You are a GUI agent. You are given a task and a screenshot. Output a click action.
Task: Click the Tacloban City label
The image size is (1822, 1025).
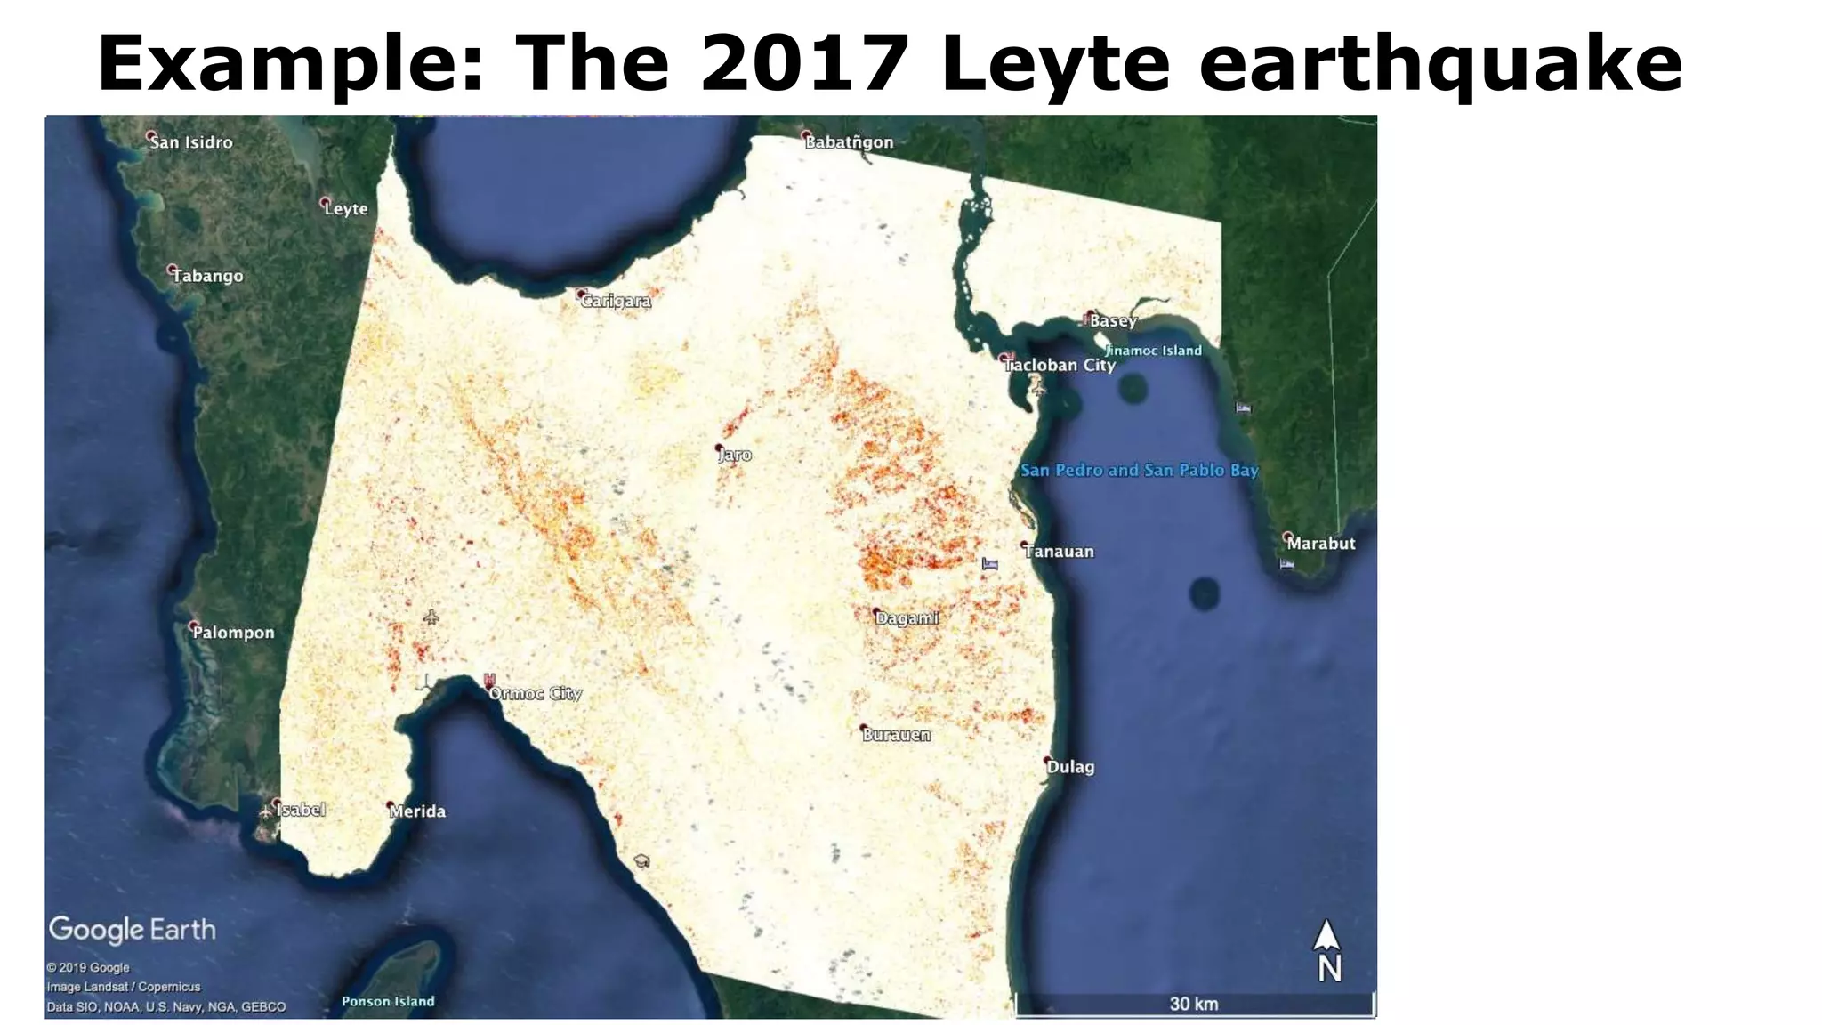tap(1060, 365)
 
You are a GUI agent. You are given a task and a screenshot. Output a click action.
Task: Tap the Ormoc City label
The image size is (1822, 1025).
tap(536, 693)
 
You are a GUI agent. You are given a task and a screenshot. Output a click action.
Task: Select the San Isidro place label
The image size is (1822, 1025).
tap(190, 142)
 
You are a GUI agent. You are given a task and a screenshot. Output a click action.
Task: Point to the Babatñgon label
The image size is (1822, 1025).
tap(849, 142)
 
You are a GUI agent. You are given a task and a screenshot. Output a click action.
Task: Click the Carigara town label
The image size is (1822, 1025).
tap(616, 301)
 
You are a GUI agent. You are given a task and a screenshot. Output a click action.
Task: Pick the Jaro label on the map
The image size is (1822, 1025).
tap(735, 455)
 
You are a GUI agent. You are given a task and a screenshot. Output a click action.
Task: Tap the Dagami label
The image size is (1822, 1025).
tap(907, 617)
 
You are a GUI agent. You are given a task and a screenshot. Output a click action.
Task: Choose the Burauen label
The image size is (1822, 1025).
tap(896, 735)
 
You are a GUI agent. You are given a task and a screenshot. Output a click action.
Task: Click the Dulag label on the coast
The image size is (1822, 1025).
tap(1070, 767)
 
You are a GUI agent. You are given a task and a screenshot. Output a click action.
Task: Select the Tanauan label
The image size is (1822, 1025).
tap(1059, 552)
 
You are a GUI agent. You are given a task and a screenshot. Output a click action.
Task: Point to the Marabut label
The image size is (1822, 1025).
tap(1321, 544)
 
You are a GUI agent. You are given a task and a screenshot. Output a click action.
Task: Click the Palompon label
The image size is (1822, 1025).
tap(233, 633)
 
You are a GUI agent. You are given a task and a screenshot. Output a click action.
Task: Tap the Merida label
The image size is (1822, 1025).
tap(417, 811)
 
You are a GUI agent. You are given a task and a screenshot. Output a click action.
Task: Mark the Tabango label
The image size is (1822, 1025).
tap(207, 276)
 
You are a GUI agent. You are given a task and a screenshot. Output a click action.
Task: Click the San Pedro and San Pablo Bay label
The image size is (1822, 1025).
tap(1140, 470)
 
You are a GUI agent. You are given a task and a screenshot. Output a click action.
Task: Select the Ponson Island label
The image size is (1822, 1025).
tap(388, 1002)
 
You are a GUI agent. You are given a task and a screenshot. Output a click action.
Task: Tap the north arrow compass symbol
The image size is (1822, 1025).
tap(1327, 950)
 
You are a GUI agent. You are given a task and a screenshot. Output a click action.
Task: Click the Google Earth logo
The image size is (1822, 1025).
tap(133, 930)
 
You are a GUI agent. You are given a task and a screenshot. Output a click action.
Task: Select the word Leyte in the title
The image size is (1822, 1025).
tap(1055, 64)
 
